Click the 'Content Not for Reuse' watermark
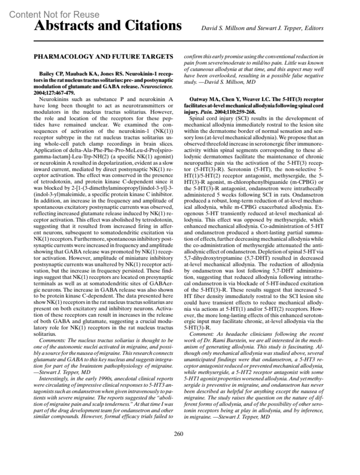point(54,14)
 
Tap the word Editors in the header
point(314,29)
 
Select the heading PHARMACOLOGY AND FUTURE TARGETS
point(103,56)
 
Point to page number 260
point(178,434)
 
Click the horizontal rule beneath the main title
point(178,41)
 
